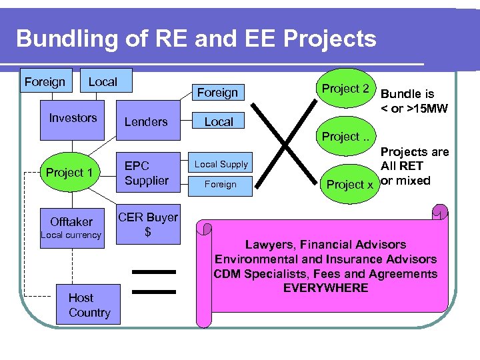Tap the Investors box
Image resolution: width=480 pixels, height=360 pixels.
pyautogui.click(x=73, y=119)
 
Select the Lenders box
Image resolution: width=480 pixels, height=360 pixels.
pyautogui.click(x=146, y=121)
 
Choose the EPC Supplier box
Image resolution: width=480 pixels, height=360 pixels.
pyautogui.click(x=147, y=173)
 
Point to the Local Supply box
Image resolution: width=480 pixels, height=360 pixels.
pyautogui.click(x=221, y=164)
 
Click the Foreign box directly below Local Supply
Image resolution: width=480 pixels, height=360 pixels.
pyautogui.click(x=221, y=185)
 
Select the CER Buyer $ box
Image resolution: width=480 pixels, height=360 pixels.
pyautogui.click(x=147, y=224)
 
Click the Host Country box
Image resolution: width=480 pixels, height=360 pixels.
pyautogui.click(x=89, y=305)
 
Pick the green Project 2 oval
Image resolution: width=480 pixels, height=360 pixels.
pyautogui.click(x=345, y=89)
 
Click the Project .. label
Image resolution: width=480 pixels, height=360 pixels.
pyautogui.click(x=345, y=137)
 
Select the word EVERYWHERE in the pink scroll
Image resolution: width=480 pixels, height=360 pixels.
pyautogui.click(x=325, y=288)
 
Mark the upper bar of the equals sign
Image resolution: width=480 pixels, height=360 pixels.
pyautogui.click(x=154, y=271)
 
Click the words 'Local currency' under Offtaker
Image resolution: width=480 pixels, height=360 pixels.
pyautogui.click(x=71, y=235)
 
